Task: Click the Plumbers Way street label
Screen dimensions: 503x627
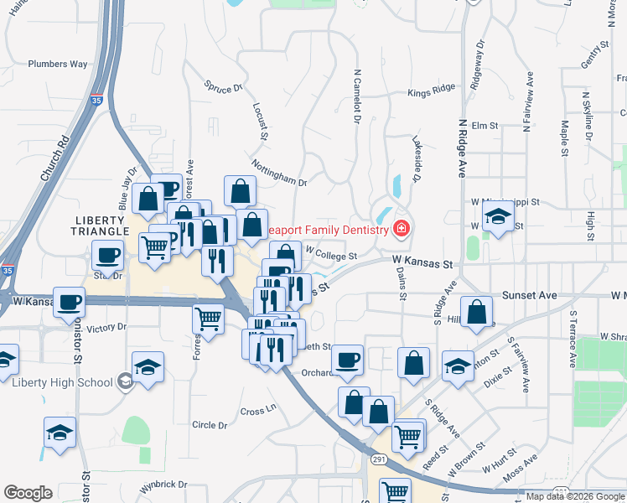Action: click(x=57, y=64)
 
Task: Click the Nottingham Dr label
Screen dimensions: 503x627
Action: click(x=279, y=173)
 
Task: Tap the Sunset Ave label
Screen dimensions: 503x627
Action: click(x=529, y=296)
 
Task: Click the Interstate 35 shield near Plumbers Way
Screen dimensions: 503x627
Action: click(x=98, y=99)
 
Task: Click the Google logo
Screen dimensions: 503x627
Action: click(x=28, y=493)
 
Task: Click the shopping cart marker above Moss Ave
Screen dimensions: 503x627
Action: click(x=407, y=436)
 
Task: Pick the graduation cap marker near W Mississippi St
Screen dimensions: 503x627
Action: click(x=498, y=218)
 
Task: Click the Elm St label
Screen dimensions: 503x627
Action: click(x=484, y=126)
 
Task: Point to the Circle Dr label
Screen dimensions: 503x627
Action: click(x=210, y=425)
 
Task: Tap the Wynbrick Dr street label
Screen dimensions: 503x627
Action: click(x=163, y=485)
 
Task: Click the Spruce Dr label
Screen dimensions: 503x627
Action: click(x=224, y=86)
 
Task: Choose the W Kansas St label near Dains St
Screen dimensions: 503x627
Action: click(x=423, y=264)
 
